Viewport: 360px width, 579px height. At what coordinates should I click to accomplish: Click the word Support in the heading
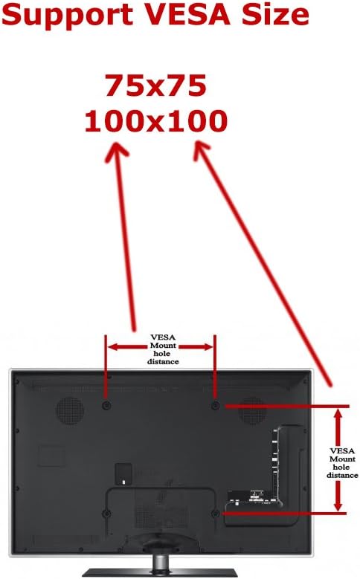[67, 16]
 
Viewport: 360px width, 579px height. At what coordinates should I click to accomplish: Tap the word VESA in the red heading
[187, 14]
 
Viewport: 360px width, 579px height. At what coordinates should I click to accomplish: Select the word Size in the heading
[275, 14]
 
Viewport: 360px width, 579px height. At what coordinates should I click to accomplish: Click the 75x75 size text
[155, 85]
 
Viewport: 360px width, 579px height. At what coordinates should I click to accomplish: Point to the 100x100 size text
[155, 121]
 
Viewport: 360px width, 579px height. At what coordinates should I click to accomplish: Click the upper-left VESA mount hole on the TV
[106, 405]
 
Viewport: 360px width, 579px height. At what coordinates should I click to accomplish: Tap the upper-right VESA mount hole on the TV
[216, 405]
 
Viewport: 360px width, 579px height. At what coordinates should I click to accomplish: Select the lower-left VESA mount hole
[106, 514]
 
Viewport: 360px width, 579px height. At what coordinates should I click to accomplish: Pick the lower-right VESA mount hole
[216, 514]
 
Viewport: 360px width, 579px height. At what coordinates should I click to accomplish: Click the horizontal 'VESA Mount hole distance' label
[163, 349]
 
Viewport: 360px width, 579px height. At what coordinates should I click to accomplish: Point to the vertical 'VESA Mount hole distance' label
[342, 463]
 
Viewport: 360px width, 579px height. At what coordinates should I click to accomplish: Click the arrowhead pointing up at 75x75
[117, 152]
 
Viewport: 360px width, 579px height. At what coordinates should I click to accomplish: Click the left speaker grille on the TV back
[69, 410]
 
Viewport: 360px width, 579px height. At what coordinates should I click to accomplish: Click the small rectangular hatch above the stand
[123, 473]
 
